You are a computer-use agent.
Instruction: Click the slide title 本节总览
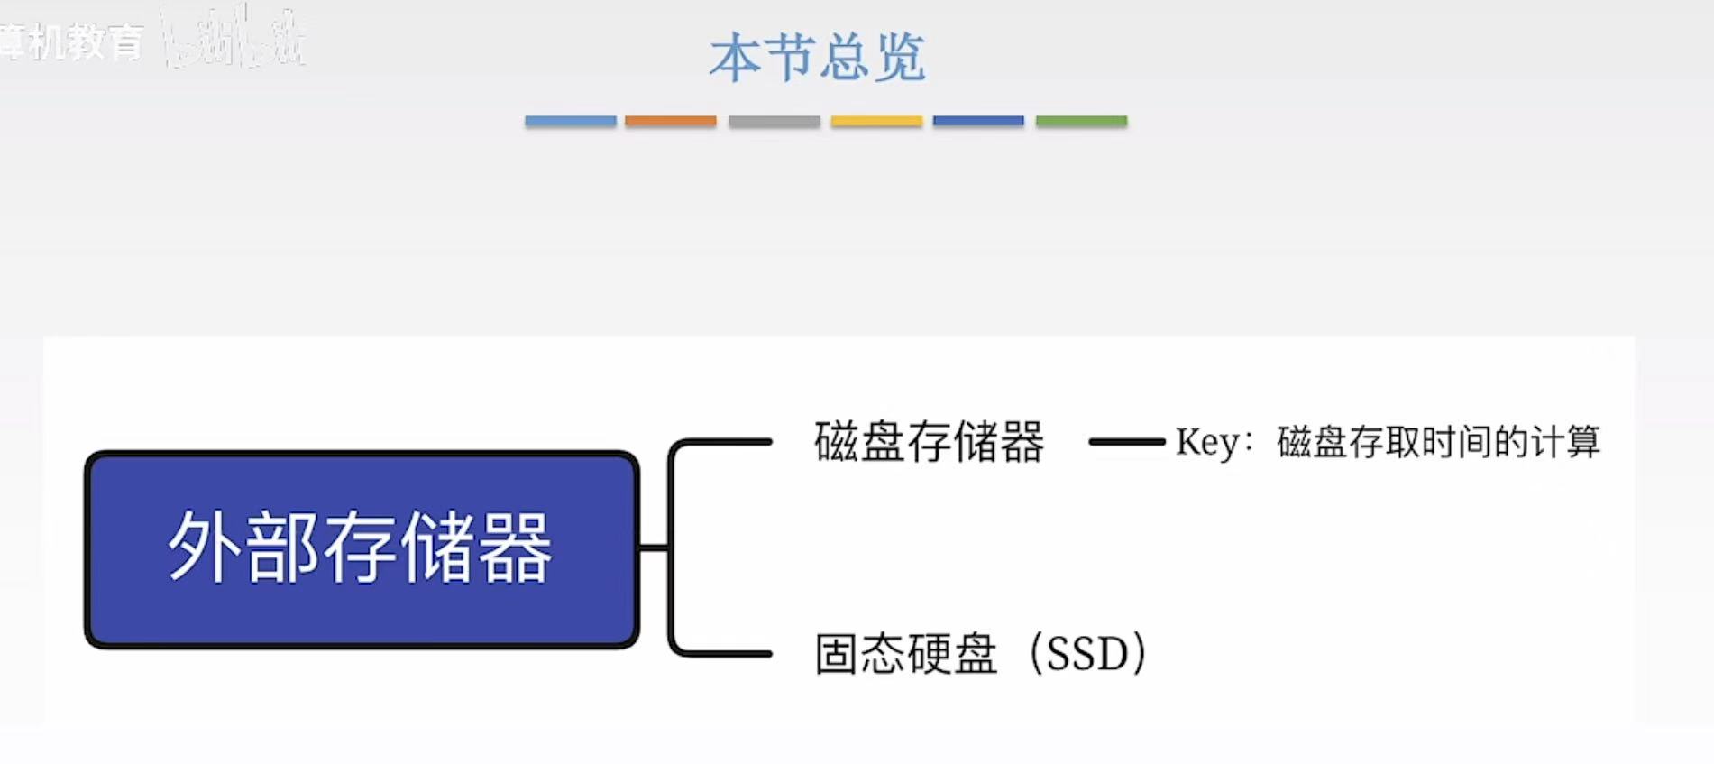point(817,58)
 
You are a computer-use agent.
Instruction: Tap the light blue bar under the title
point(570,121)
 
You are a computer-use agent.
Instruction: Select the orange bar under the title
point(670,121)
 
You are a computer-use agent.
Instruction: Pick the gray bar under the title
point(774,121)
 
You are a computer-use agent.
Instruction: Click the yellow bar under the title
point(876,121)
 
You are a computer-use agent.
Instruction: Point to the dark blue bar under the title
point(978,121)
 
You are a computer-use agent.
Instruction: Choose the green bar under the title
point(1081,121)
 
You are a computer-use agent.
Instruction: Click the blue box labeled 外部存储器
point(362,549)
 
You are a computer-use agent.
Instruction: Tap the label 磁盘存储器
point(929,442)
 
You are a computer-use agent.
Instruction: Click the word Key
point(1206,442)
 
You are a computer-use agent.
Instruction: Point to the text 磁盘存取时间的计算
point(1438,442)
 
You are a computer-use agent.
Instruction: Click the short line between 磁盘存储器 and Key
point(1126,442)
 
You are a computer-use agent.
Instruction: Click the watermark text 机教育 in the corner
point(86,41)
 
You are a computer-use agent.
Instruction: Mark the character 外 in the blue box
point(203,547)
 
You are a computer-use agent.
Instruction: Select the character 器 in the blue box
point(514,547)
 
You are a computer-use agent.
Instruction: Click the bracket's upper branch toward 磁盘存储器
point(721,442)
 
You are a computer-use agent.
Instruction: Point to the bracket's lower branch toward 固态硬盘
point(721,653)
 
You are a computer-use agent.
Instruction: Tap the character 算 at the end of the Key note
point(1582,442)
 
